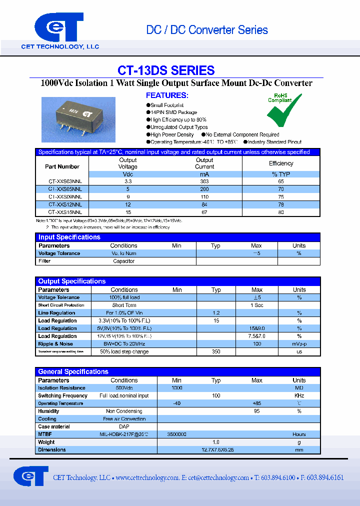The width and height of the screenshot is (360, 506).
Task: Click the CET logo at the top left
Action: [59, 29]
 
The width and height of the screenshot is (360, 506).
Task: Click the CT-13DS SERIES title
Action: [166, 70]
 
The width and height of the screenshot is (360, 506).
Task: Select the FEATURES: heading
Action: [167, 95]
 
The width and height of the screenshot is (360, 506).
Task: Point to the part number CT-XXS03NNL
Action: [62, 182]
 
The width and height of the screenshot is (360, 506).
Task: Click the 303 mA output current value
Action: [204, 182]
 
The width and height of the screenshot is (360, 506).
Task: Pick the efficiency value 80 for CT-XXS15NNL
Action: [281, 212]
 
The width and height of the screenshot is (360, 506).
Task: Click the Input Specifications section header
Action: [69, 237]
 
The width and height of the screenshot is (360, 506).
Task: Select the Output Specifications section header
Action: [72, 281]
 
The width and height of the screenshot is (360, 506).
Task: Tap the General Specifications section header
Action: [73, 372]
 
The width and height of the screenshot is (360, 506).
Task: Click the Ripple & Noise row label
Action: [55, 344]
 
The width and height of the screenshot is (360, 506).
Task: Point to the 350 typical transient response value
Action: [216, 352]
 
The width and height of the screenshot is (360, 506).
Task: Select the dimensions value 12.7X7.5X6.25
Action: [216, 450]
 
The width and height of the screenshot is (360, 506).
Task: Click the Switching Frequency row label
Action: [62, 396]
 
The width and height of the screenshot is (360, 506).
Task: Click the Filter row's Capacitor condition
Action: [123, 261]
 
